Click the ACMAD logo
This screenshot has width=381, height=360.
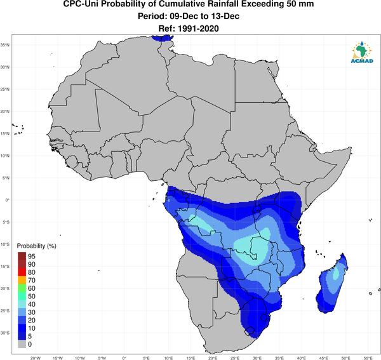coord(362,52)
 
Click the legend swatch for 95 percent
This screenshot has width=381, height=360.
coord(22,256)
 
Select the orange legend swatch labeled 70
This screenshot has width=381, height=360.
coord(22,280)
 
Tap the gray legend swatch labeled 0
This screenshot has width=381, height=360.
coord(22,344)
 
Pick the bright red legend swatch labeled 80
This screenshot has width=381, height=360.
coord(22,272)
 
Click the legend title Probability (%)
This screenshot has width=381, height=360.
coord(36,246)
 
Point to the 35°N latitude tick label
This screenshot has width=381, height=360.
coord(5,45)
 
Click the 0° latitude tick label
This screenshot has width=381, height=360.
coord(8,200)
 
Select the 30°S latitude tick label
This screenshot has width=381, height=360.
coord(5,333)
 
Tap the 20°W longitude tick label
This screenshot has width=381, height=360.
coord(36,358)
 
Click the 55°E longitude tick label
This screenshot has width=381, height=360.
coord(368,358)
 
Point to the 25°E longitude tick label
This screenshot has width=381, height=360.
coord(235,358)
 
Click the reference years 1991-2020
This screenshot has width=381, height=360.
coord(198,29)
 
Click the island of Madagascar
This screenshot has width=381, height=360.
coord(331,284)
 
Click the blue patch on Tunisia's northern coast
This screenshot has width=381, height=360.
coord(163,38)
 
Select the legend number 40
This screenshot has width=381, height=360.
coord(32,304)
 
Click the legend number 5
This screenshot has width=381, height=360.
coord(30,337)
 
